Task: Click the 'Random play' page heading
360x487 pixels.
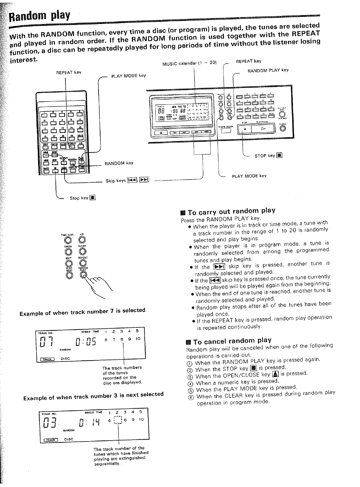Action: click(39, 16)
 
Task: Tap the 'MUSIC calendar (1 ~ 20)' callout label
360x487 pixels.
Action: click(190, 64)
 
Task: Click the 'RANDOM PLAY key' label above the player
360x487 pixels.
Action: click(268, 70)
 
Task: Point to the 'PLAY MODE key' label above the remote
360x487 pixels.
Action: click(128, 75)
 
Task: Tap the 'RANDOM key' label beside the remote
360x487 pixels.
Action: click(119, 163)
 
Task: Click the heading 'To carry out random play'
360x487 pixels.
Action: click(231, 212)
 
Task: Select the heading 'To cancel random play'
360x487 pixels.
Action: click(229, 341)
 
